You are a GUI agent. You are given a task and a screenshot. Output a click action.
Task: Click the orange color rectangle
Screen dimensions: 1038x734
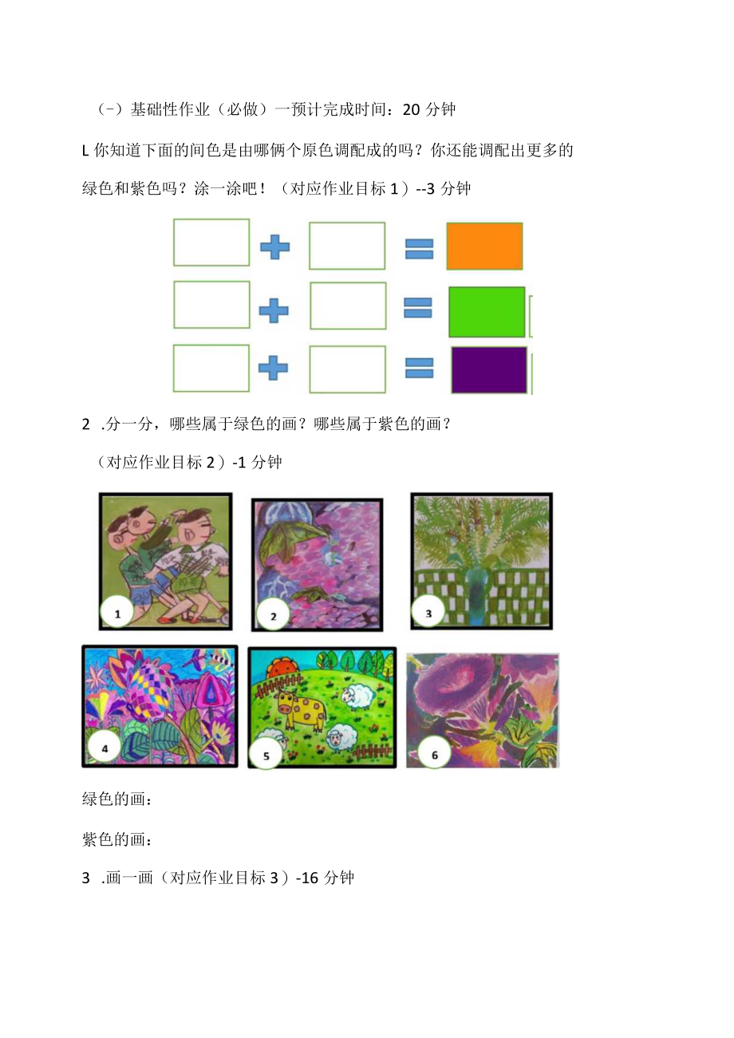click(484, 247)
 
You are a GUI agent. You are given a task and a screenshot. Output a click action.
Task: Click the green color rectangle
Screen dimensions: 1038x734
click(487, 312)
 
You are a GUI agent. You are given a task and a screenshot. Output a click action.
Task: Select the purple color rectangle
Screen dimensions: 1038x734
click(489, 370)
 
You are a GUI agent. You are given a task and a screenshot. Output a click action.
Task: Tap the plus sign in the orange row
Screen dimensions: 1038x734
click(275, 247)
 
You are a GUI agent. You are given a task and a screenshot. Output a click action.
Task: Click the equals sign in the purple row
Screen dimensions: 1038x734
click(419, 369)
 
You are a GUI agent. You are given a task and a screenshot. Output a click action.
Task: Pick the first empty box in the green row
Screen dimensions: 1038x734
click(211, 305)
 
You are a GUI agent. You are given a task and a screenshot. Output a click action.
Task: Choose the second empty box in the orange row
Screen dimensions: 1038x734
click(347, 246)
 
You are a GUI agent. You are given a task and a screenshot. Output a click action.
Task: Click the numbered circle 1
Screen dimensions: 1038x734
click(117, 614)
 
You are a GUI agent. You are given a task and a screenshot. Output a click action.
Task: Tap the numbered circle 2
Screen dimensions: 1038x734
click(273, 615)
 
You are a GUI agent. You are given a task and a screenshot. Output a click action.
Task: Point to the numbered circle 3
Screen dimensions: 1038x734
click(428, 614)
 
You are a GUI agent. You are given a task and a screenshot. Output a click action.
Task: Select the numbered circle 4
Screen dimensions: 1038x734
click(105, 748)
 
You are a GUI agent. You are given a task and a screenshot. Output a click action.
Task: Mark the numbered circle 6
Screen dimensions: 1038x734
click(434, 752)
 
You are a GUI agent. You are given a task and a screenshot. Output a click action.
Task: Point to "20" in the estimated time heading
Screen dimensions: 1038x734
click(411, 109)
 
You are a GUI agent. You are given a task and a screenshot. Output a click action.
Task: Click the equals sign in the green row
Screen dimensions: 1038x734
click(417, 307)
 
